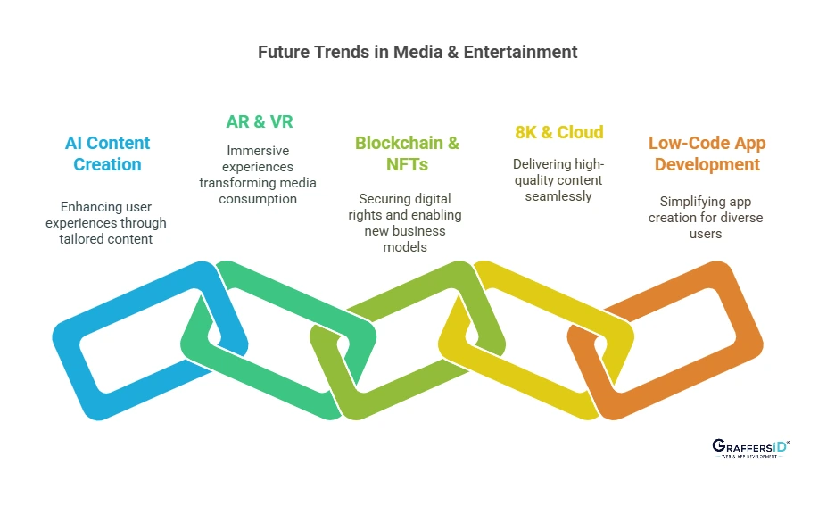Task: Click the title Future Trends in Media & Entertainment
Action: click(417, 52)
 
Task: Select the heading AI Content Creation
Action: click(107, 153)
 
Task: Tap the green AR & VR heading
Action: click(259, 121)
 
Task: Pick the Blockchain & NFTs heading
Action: click(407, 153)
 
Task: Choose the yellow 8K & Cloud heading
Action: click(558, 132)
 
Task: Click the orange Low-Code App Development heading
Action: click(706, 153)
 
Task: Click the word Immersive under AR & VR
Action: click(258, 151)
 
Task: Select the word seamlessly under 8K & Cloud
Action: click(558, 196)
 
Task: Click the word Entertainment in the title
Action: click(526, 52)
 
